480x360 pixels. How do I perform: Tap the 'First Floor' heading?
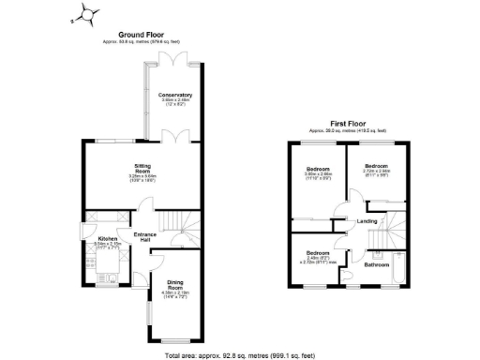click(348, 124)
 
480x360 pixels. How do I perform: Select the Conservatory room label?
click(175, 95)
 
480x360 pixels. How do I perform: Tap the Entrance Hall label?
click(144, 236)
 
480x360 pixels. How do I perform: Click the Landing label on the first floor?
click(367, 221)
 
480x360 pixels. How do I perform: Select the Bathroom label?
click(377, 264)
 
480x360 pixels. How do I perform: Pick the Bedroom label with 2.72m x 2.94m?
click(377, 170)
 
